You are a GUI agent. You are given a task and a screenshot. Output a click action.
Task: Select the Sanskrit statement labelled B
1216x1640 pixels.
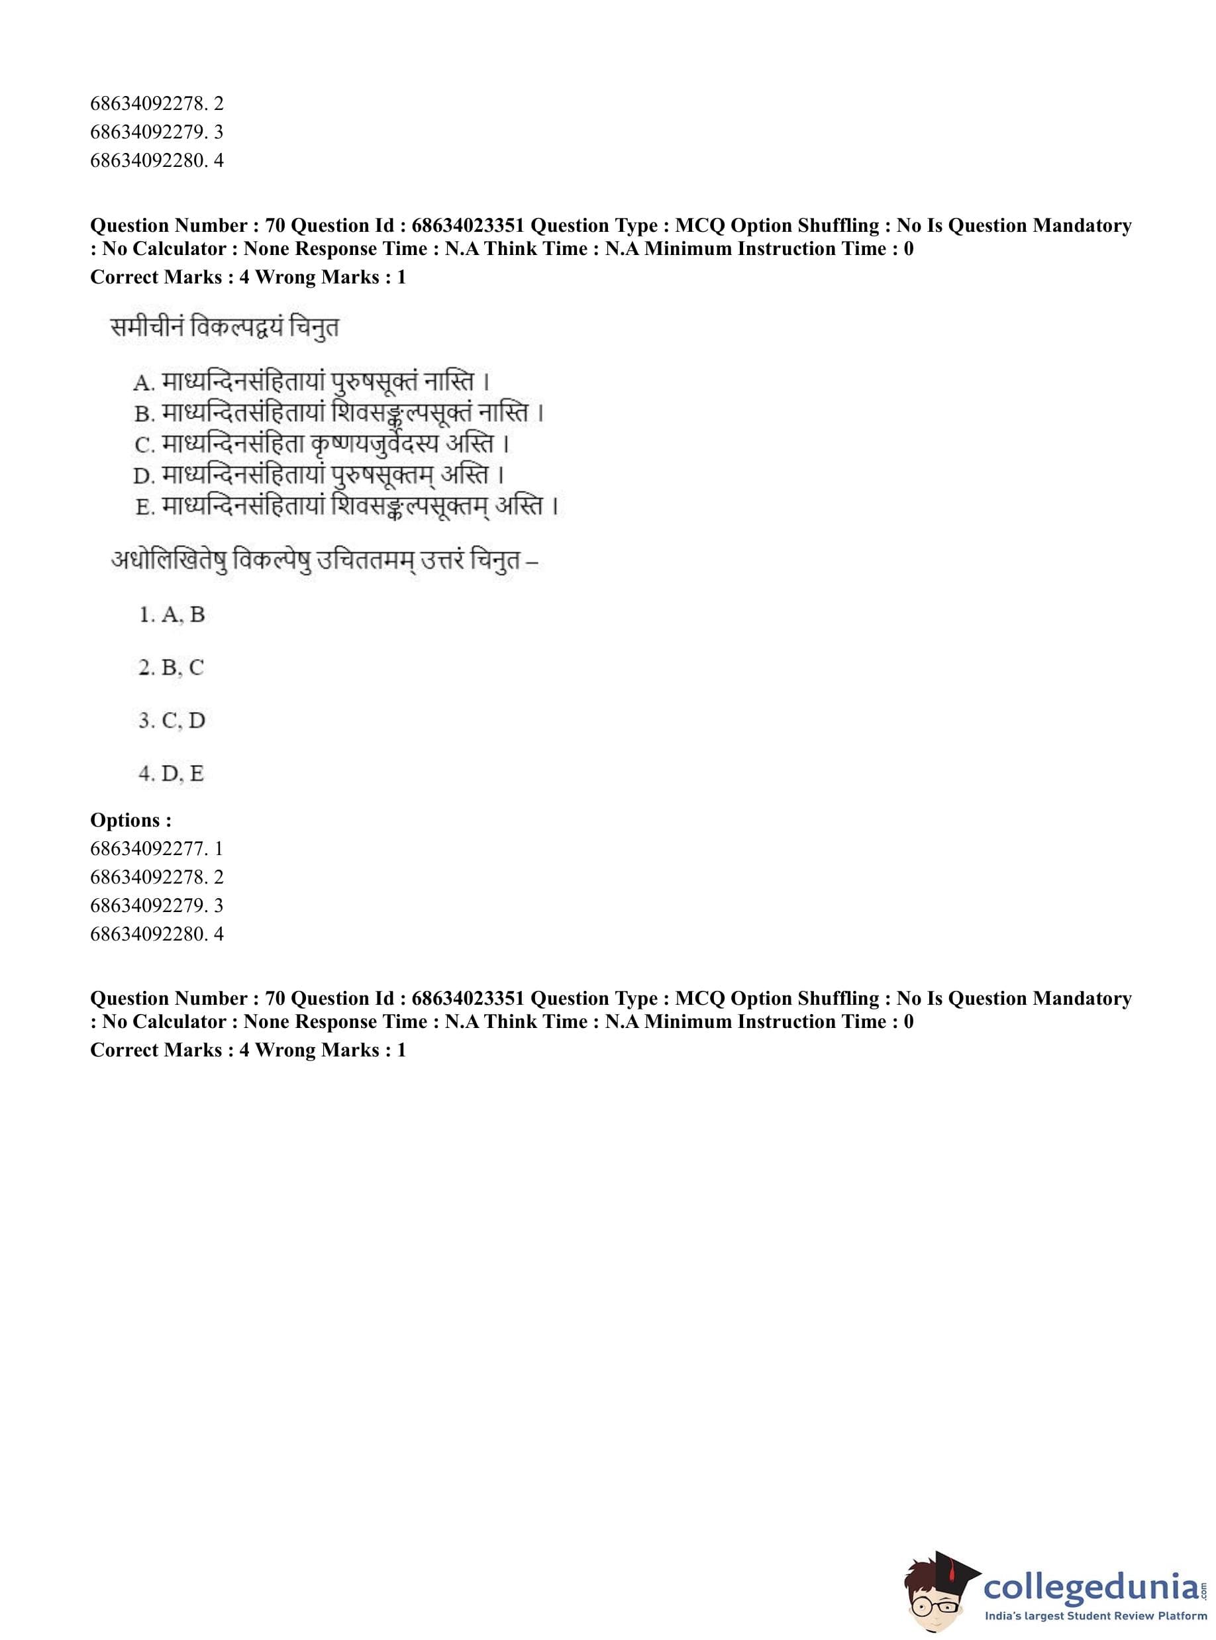[340, 413]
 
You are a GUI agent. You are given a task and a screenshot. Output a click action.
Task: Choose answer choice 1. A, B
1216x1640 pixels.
[172, 614]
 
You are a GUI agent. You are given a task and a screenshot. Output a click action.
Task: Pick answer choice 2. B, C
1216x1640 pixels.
[172, 667]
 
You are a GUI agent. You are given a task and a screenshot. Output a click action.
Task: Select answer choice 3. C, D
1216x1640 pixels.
[172, 720]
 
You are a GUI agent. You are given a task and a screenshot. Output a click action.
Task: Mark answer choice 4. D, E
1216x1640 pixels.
[172, 773]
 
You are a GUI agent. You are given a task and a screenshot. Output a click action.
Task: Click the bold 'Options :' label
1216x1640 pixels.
[131, 819]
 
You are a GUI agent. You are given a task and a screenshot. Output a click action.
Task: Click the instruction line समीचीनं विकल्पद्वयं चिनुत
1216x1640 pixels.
[225, 326]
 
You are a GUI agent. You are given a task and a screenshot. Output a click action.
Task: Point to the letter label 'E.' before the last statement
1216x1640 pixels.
[144, 507]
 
